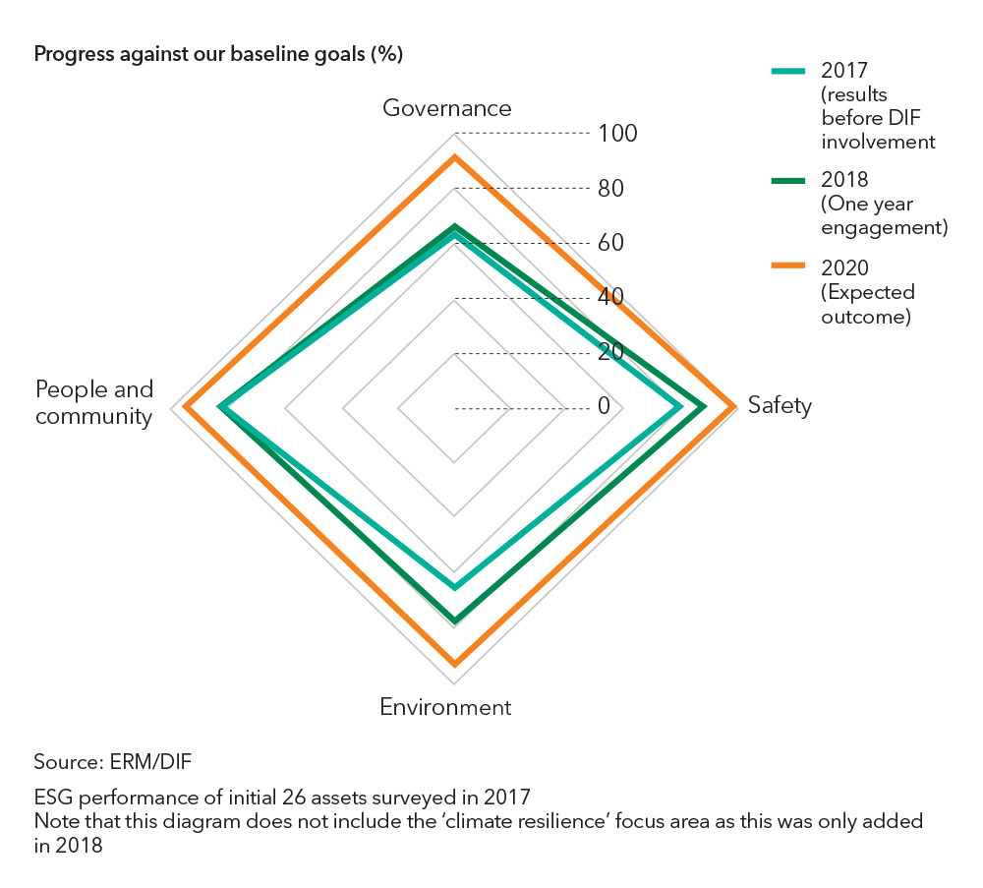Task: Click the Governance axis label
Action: coord(447,107)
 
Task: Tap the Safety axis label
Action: coord(780,405)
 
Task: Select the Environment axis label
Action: coord(445,707)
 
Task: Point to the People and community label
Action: coord(94,402)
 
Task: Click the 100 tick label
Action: coord(617,134)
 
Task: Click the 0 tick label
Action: coord(604,406)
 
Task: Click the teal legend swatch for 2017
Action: coord(787,71)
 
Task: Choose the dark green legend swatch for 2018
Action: coord(787,180)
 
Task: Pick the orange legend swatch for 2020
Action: coord(787,267)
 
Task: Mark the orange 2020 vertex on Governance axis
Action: coord(454,157)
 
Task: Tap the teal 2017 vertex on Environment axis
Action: coord(454,587)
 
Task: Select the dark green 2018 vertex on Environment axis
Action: coord(454,621)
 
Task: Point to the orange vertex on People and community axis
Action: coord(185,407)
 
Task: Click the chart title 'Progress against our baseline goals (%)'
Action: coord(218,54)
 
